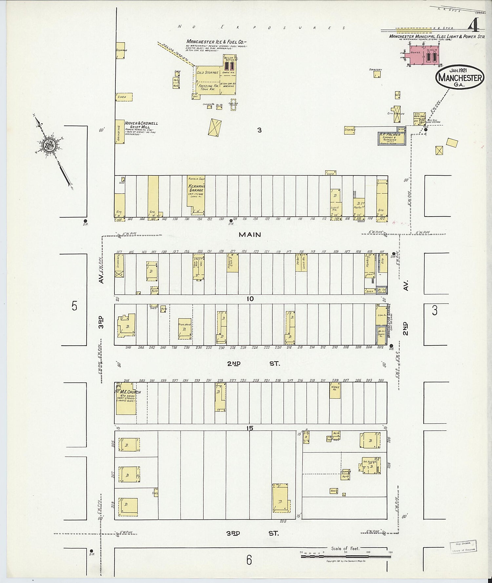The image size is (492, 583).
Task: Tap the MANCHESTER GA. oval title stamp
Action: click(x=460, y=77)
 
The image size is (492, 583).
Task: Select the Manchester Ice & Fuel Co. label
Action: click(x=216, y=42)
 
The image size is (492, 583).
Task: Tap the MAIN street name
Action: click(x=250, y=235)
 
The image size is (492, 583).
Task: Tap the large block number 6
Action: click(x=249, y=561)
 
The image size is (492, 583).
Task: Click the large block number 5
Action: click(x=74, y=306)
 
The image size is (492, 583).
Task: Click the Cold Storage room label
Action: click(x=207, y=72)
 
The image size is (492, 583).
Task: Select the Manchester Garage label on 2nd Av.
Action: click(x=390, y=321)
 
